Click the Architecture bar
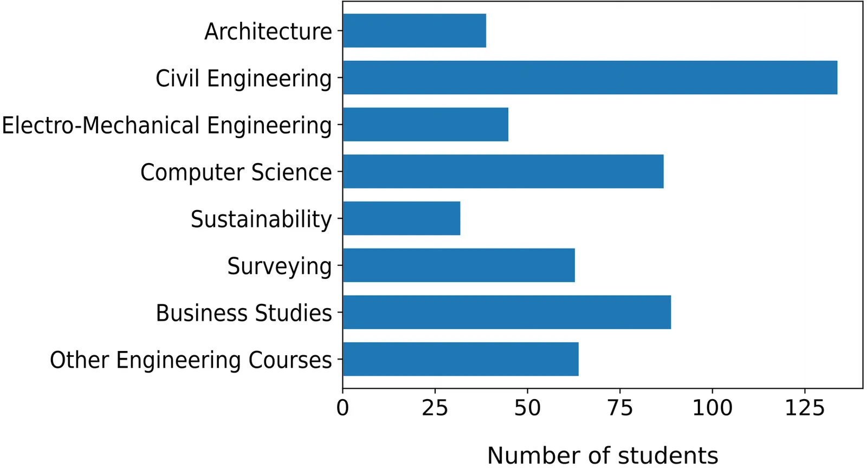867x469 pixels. coord(415,31)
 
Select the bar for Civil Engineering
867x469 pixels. coord(590,77)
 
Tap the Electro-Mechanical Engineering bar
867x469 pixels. coord(425,125)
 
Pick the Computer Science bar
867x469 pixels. coord(503,172)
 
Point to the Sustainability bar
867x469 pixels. coord(402,218)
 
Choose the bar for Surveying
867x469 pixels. coord(458,265)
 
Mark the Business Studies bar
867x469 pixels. coord(507,312)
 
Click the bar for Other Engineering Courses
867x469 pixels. coord(461,359)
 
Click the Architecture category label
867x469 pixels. coord(268,31)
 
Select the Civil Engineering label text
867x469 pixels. coord(244,79)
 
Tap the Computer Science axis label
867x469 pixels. coord(236,172)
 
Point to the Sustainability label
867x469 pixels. coord(261,219)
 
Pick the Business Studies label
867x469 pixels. coord(244,313)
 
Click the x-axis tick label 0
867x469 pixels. coord(342,408)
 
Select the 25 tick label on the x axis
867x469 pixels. coord(435,408)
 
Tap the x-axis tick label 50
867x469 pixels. coord(527,408)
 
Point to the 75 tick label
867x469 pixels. coord(620,408)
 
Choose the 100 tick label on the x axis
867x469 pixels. coord(712,408)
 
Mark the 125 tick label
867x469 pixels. coord(805,408)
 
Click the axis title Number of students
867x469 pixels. coord(603,455)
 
